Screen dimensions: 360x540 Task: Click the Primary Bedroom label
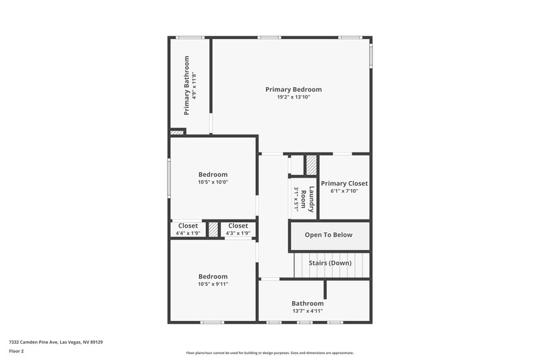point(293,89)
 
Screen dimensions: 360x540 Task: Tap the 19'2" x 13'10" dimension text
point(293,97)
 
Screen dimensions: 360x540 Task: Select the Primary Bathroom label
point(186,85)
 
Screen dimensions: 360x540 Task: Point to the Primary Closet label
point(344,183)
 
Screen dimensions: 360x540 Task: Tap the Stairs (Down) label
point(330,263)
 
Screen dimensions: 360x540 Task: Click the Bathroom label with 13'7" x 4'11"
point(307,303)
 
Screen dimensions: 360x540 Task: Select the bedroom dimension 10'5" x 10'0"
point(213,182)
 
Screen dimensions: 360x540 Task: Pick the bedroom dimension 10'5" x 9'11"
point(213,284)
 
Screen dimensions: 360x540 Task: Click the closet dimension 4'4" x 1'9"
point(188,233)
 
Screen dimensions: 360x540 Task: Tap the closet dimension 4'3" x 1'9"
point(238,233)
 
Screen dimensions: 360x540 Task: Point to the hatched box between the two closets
point(213,229)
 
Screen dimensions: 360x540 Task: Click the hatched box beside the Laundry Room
point(311,165)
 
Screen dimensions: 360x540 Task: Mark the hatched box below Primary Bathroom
point(178,132)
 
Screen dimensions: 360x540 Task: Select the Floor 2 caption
point(17,352)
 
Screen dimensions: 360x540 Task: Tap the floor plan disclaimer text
point(269,353)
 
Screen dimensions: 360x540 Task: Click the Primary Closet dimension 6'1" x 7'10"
point(344,191)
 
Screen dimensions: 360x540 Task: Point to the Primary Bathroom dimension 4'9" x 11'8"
point(194,85)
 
